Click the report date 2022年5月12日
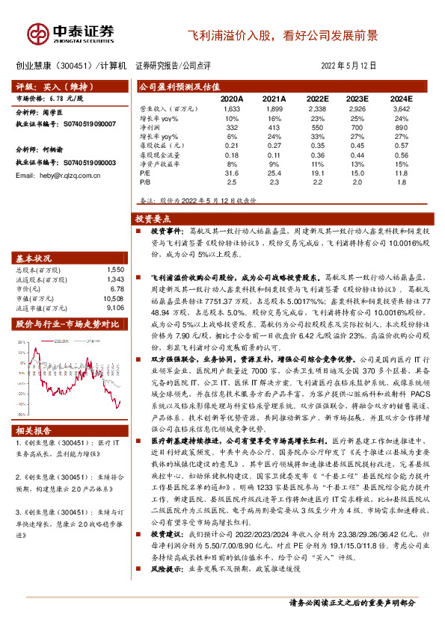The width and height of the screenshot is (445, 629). click(x=349, y=66)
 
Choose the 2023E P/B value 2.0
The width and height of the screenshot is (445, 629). click(x=359, y=181)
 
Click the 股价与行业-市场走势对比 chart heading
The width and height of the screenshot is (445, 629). click(x=67, y=323)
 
